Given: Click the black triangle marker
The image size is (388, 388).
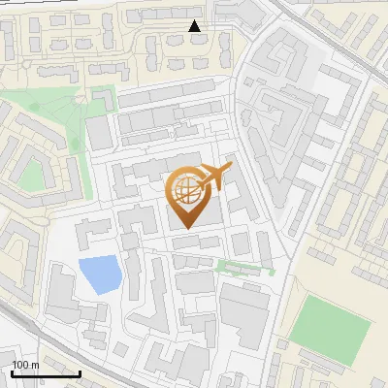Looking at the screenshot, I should click(x=195, y=26).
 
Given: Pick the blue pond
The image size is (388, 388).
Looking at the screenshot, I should click(x=99, y=275).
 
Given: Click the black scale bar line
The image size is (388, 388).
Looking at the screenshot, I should click(x=44, y=373).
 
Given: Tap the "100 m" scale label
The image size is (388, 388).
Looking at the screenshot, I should click(x=25, y=365).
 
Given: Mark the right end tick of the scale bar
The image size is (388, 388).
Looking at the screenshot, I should click(x=80, y=372).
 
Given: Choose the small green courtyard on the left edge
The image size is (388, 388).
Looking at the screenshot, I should click(x=33, y=175).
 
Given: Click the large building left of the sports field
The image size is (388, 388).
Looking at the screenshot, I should click(x=243, y=315).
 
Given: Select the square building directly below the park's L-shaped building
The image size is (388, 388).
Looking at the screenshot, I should click(x=100, y=133).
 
